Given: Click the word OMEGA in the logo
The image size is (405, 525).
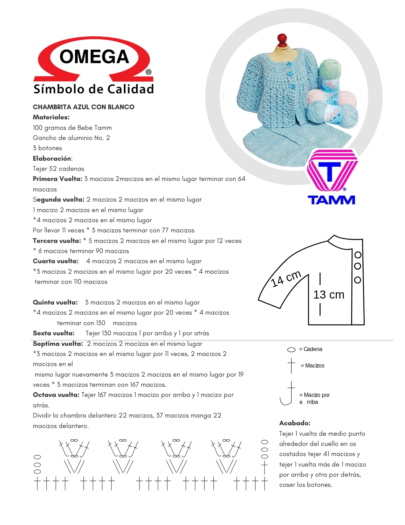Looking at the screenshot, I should (94, 57).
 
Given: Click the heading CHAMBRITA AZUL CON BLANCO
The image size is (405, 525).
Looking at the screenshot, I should (83, 107).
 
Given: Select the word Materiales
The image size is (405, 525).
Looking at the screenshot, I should (51, 117).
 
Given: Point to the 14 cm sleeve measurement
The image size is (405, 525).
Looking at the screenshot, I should (286, 278).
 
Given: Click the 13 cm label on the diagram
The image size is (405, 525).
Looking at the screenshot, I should (329, 295).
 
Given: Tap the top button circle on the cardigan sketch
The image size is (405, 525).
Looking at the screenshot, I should (358, 255).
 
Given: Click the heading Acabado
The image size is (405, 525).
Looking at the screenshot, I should (295, 423).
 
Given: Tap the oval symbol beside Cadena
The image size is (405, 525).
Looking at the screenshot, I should (291, 350).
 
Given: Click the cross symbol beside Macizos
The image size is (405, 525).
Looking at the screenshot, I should (291, 365).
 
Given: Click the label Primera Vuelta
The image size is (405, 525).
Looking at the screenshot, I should (57, 179).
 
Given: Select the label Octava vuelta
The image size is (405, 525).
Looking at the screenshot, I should (56, 395).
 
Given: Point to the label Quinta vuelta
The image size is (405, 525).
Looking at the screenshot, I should (55, 302).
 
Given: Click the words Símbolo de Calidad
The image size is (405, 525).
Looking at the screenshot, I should (94, 89).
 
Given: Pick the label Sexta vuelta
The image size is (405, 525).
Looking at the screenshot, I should (54, 333).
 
